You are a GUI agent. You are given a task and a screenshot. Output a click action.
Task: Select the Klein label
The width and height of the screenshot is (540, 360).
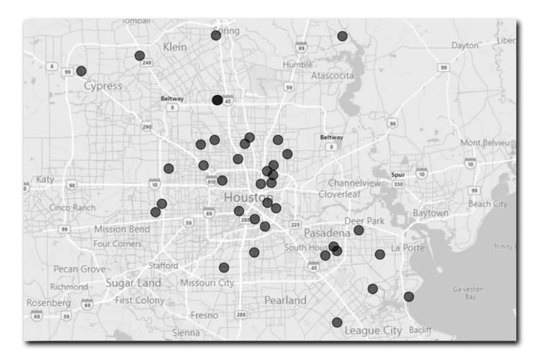click(175, 47)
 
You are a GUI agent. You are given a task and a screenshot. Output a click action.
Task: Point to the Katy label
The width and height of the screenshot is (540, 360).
click(45, 179)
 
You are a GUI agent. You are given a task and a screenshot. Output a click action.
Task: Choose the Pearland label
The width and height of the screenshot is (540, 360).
click(284, 299)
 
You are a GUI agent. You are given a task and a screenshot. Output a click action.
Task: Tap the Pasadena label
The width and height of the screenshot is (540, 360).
click(326, 234)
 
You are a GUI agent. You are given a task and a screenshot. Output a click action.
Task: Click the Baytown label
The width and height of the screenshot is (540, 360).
click(431, 213)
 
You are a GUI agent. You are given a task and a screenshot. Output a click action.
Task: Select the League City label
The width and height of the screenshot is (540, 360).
click(372, 330)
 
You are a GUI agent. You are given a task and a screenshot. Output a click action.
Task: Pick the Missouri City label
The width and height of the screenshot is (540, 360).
click(207, 282)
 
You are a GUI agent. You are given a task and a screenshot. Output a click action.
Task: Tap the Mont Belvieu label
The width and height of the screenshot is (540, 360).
click(485, 143)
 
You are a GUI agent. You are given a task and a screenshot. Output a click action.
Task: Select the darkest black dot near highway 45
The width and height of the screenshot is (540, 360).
click(217, 100)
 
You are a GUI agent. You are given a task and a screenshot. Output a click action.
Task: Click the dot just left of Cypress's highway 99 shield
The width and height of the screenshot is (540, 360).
click(81, 71)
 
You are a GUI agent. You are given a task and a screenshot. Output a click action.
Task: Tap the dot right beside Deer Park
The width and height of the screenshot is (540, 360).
click(359, 230)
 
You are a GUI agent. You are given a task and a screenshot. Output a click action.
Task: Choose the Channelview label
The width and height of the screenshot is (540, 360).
click(354, 183)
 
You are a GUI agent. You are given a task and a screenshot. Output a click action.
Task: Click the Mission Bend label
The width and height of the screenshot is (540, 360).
click(122, 230)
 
